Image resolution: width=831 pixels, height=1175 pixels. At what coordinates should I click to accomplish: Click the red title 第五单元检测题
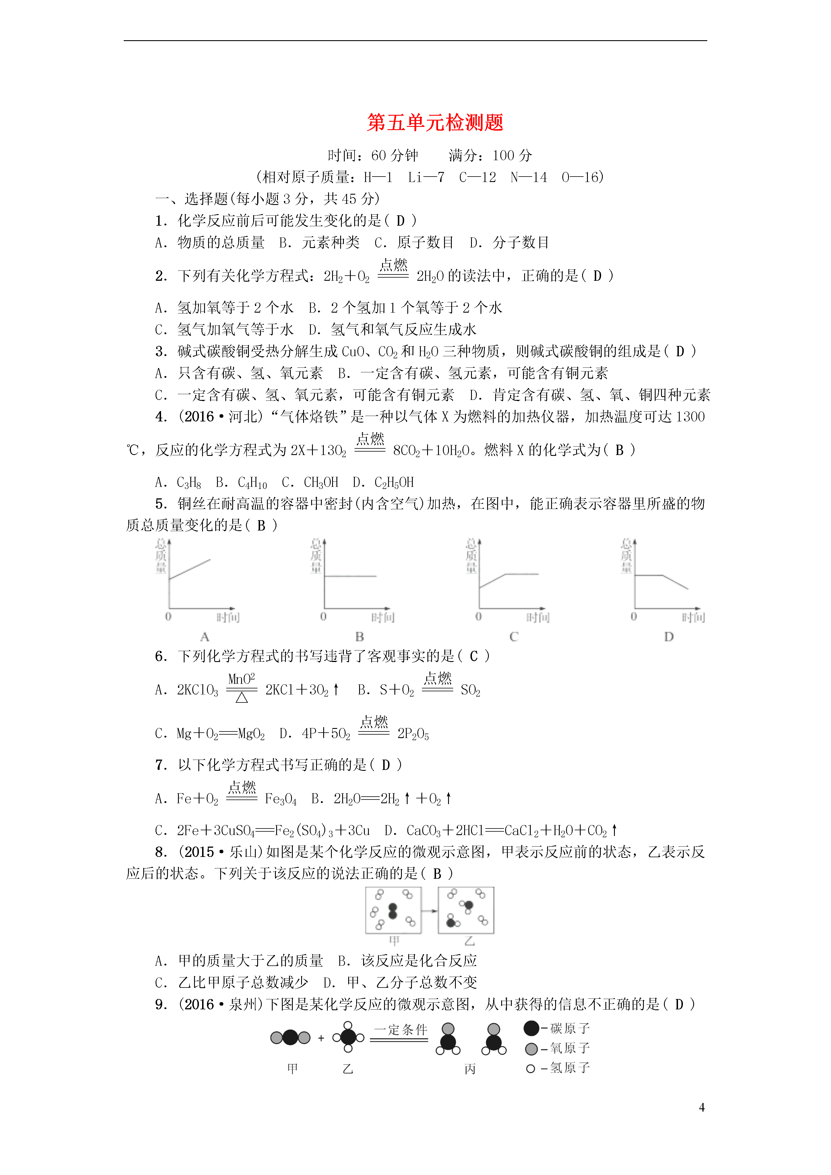[x=435, y=123]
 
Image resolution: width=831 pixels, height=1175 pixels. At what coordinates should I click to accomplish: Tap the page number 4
[x=702, y=1107]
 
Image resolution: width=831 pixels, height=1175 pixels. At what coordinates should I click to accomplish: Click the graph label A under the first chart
[x=205, y=637]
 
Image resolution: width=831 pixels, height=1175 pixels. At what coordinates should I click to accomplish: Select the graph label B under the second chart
[x=360, y=637]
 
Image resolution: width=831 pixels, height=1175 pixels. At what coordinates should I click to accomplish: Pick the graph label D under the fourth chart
[x=669, y=637]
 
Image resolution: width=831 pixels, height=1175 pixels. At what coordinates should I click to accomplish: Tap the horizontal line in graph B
[x=350, y=576]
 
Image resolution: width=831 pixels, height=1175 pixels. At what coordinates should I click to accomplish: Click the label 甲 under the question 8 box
[x=394, y=941]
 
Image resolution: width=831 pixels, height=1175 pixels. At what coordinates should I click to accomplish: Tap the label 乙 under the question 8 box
[x=469, y=941]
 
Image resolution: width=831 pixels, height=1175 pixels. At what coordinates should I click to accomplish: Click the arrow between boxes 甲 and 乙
[x=430, y=911]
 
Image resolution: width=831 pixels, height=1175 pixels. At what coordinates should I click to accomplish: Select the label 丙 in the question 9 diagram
[x=470, y=1068]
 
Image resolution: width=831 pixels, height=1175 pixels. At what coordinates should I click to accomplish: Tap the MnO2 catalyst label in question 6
[x=241, y=679]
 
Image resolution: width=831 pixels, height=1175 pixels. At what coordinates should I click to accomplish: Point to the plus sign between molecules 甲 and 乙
[x=321, y=1038]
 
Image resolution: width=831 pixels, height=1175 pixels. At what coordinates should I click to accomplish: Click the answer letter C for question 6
[x=474, y=656]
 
